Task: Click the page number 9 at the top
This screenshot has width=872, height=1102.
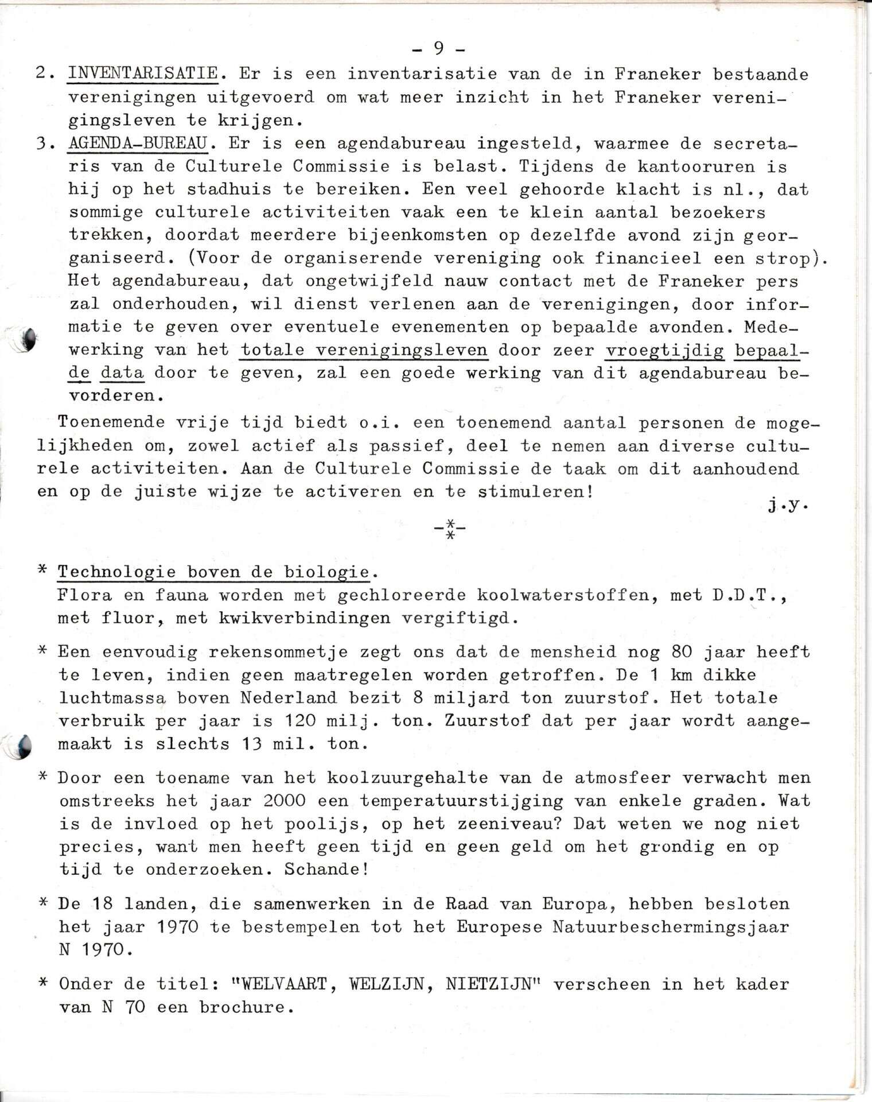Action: point(439,49)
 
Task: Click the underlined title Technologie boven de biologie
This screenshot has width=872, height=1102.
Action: point(213,572)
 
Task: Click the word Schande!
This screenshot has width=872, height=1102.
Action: point(326,869)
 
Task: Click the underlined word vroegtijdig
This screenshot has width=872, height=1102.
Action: point(665,350)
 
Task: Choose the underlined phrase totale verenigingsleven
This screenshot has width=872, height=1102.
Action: point(364,350)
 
